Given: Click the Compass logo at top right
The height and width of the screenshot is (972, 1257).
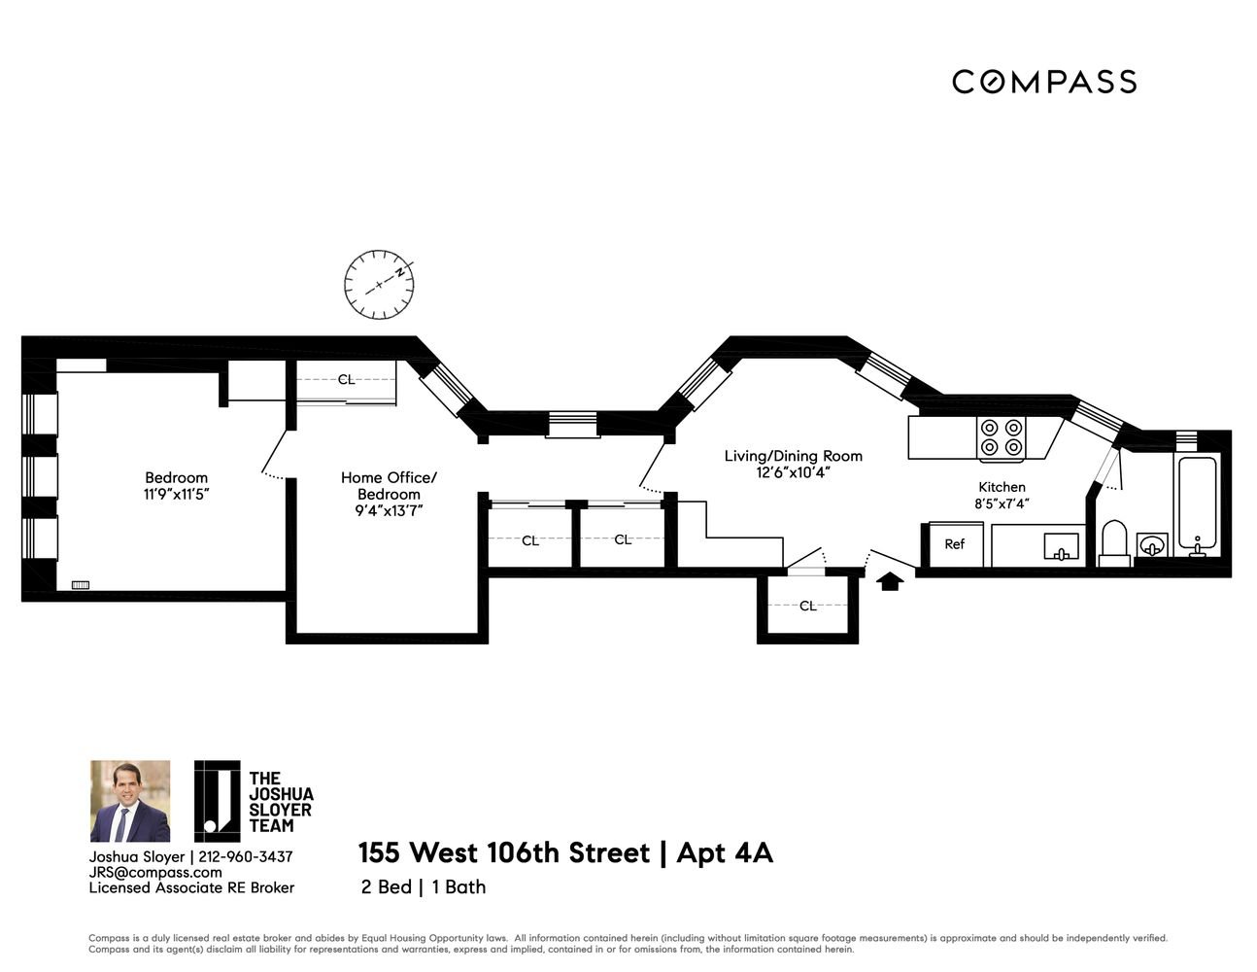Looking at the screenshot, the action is (1044, 82).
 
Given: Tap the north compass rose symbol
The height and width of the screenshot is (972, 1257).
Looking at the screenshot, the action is (379, 285).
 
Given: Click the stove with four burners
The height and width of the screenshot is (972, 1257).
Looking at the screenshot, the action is (1002, 438).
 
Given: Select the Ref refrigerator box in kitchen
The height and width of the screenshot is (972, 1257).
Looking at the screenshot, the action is (955, 544).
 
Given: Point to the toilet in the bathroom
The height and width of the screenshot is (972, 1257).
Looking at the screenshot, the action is (1114, 543).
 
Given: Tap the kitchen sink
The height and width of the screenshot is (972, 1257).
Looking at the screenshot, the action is (1062, 546).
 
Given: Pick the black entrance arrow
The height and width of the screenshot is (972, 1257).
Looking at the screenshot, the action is (890, 581).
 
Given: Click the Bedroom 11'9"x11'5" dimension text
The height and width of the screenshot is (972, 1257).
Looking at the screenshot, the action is (176, 495).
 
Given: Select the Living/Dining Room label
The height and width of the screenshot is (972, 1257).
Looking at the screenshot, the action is (793, 456).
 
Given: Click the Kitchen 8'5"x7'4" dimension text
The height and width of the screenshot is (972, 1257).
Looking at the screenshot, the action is (1002, 503).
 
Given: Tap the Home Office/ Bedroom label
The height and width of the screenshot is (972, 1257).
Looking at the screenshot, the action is (389, 486).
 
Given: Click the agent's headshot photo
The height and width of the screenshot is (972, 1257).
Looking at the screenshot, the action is (130, 801).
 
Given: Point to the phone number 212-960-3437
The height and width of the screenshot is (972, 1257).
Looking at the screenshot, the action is (245, 857).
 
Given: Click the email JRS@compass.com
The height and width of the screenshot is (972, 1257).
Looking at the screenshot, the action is (155, 873).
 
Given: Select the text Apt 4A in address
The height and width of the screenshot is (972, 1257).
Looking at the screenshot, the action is (725, 852).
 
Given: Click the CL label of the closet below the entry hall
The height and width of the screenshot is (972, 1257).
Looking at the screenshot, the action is (807, 606).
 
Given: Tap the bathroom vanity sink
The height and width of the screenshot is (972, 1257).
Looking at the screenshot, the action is (1152, 545).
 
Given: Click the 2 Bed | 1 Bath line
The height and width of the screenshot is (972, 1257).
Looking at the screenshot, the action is (424, 886).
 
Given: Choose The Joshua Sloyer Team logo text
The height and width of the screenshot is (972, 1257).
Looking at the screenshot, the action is (281, 802).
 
